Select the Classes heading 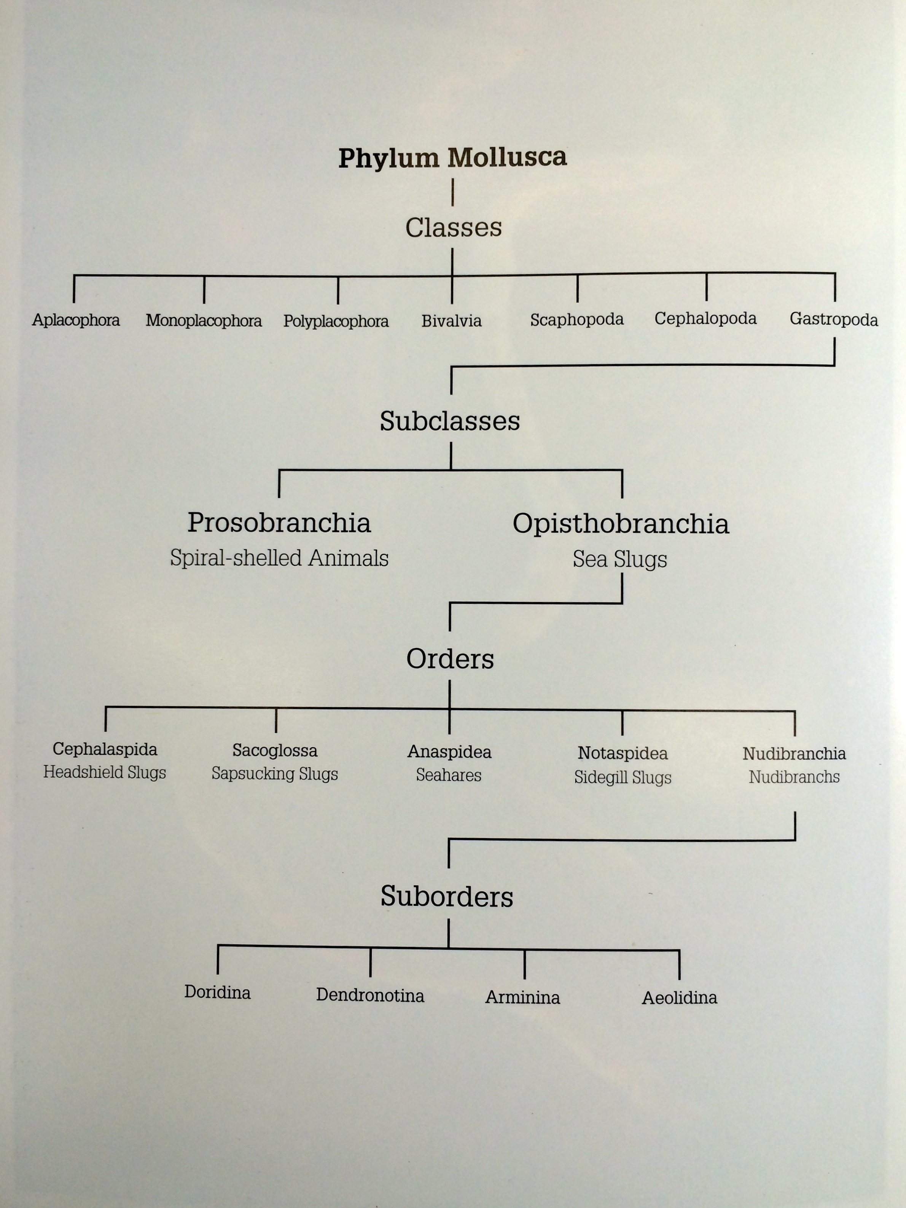453,227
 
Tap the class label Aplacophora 76,320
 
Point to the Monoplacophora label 204,320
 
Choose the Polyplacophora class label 336,321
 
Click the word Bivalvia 452,320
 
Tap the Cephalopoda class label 705,319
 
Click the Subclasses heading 450,421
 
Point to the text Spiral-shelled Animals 279,558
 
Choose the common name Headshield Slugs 104,773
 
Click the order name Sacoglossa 275,751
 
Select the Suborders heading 447,897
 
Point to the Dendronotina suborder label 370,995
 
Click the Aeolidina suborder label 679,998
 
